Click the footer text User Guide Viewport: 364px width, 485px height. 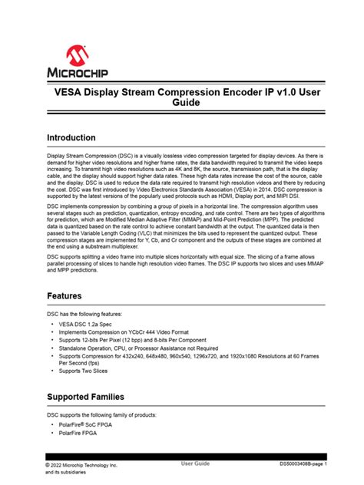(195, 464)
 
